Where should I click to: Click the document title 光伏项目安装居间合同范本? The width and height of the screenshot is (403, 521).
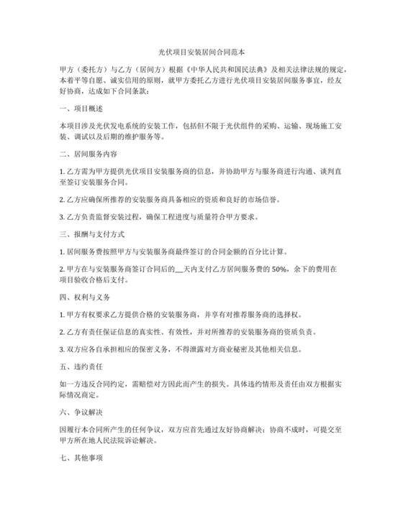pos(201,52)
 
